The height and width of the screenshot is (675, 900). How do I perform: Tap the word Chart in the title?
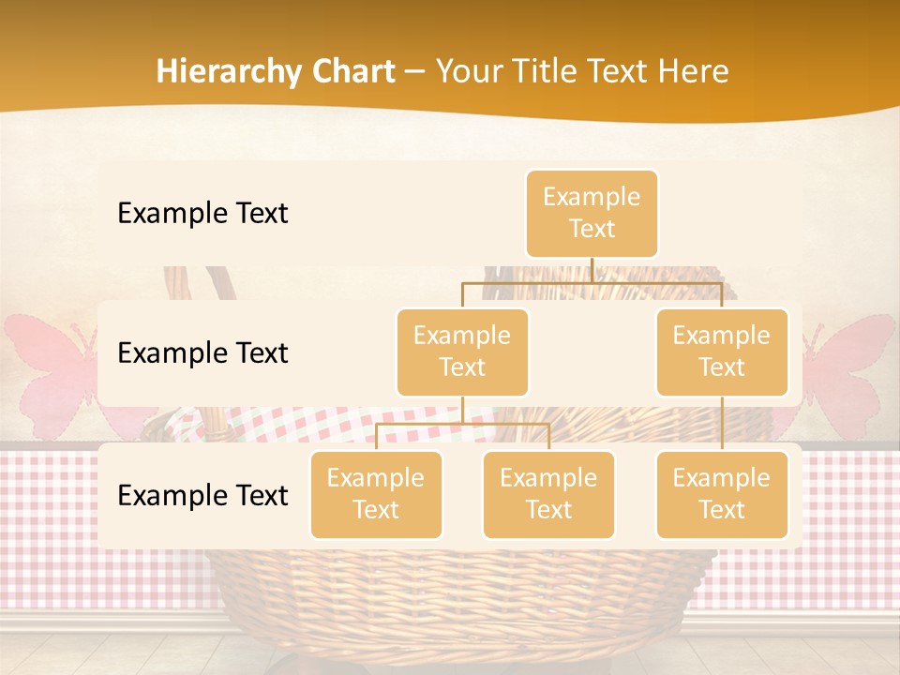tap(349, 72)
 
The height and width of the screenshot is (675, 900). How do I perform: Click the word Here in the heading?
tap(695, 72)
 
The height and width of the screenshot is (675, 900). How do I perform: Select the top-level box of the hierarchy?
tap(592, 213)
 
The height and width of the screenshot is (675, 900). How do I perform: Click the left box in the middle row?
tap(462, 352)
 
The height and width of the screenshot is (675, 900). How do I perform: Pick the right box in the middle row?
tap(722, 352)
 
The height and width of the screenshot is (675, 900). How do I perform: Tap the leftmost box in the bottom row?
tap(376, 494)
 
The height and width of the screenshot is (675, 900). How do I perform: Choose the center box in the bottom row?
tap(548, 494)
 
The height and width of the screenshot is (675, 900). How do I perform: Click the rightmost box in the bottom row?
tap(722, 494)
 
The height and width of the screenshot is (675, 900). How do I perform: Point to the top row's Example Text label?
tap(202, 214)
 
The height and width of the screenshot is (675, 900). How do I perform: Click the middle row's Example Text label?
tap(202, 353)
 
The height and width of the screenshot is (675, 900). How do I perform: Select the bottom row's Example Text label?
tap(202, 496)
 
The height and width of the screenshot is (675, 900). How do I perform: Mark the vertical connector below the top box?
tap(592, 270)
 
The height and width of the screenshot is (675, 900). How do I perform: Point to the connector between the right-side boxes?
tap(722, 423)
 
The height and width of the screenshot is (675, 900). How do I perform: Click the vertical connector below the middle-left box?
tap(462, 410)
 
